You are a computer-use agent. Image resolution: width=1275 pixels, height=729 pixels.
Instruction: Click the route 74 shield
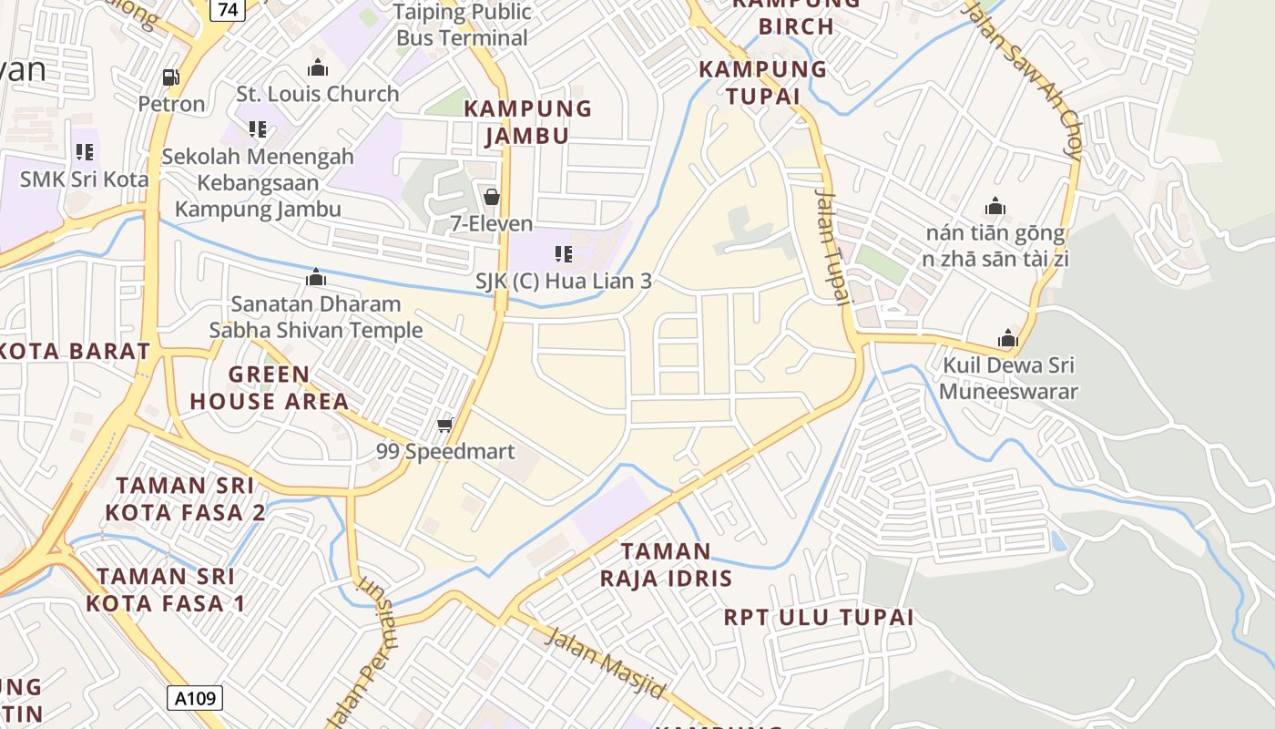pyautogui.click(x=228, y=9)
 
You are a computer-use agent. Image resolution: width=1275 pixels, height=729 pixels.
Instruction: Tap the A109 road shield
pyautogui.click(x=195, y=698)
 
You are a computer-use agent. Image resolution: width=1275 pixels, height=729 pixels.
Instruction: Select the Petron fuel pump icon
pyautogui.click(x=170, y=78)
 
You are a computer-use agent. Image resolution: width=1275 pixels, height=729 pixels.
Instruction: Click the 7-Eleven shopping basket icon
pyautogui.click(x=492, y=197)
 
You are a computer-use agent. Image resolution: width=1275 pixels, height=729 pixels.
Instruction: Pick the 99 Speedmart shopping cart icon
pyautogui.click(x=445, y=425)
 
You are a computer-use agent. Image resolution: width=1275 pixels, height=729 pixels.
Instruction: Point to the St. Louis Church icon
pyautogui.click(x=318, y=67)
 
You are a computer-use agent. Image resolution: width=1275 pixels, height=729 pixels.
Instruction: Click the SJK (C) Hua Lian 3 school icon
pyautogui.click(x=564, y=254)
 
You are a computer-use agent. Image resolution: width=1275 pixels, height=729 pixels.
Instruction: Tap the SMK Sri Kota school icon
pyautogui.click(x=85, y=152)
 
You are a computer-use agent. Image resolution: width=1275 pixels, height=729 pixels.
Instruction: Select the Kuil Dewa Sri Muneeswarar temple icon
pyautogui.click(x=1007, y=339)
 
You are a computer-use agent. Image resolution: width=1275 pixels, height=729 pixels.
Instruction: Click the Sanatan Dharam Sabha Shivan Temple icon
pyautogui.click(x=316, y=277)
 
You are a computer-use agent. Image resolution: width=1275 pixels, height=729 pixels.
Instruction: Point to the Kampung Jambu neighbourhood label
pyautogui.click(x=527, y=122)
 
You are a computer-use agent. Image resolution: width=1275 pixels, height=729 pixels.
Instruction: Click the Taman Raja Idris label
pyautogui.click(x=666, y=564)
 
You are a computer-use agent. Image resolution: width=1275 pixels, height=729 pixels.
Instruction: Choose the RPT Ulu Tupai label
pyautogui.click(x=818, y=617)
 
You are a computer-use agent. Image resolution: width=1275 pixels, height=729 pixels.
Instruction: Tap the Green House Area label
pyautogui.click(x=269, y=387)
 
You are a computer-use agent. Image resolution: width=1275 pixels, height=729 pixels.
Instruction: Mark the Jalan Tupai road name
pyautogui.click(x=831, y=246)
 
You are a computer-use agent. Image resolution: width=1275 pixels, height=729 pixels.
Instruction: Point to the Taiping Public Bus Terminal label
pyautogui.click(x=463, y=25)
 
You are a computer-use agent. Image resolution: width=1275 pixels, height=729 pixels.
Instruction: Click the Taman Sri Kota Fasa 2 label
pyautogui.click(x=185, y=498)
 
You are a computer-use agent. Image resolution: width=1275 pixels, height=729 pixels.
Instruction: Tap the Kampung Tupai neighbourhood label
pyautogui.click(x=762, y=82)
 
